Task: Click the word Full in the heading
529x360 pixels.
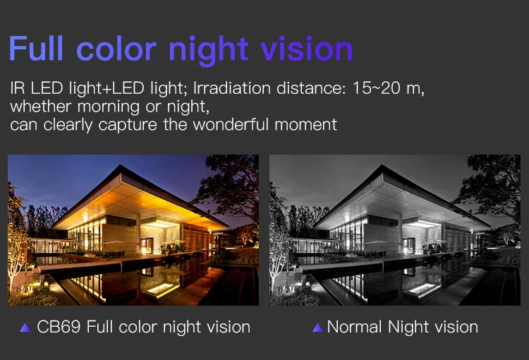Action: point(36,48)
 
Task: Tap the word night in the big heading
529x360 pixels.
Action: point(209,51)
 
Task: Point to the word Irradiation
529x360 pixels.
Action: point(232,88)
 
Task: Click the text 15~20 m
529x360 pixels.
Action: point(388,88)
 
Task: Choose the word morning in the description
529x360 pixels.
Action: point(109,107)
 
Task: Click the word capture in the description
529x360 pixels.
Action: point(128,125)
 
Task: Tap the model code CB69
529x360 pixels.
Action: point(59,327)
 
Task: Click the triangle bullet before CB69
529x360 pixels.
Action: point(25,328)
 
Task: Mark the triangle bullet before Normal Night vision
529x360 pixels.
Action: point(317,328)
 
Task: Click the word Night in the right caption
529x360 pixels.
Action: point(408,328)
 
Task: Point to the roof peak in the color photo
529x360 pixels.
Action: point(121,165)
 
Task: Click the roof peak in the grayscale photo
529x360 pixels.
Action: point(382,165)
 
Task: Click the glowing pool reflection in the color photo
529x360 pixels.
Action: point(162,289)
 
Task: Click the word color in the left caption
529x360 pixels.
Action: point(138,327)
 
